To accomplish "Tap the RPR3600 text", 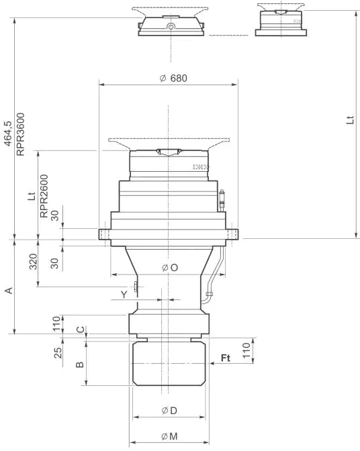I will tap(20, 134).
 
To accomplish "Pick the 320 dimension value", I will tap(34, 262).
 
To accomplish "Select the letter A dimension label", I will tap(8, 290).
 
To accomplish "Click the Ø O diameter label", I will tap(170, 268).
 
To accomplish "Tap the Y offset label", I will tap(124, 294).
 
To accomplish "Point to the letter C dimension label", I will tap(81, 330).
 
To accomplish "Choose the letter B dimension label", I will tap(79, 364).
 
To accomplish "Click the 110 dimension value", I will tap(246, 348).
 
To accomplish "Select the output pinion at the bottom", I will tap(169, 363).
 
